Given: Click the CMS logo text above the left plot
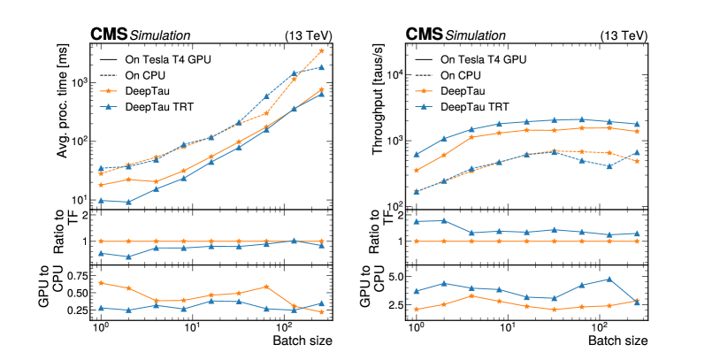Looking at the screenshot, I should [x=109, y=34].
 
